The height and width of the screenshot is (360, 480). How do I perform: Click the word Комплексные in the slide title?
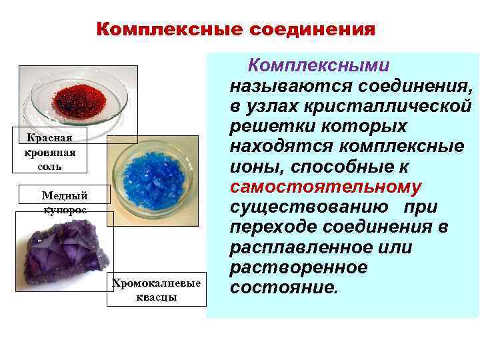170,30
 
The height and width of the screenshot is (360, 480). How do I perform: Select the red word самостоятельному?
325,187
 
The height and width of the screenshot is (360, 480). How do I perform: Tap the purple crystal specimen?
64,257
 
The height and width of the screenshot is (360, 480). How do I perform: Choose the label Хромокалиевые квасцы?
157,290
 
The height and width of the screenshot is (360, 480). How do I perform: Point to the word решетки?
269,126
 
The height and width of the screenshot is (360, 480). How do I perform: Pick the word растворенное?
298,267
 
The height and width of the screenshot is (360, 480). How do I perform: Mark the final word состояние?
283,288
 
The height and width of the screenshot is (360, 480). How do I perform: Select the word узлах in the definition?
274,106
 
